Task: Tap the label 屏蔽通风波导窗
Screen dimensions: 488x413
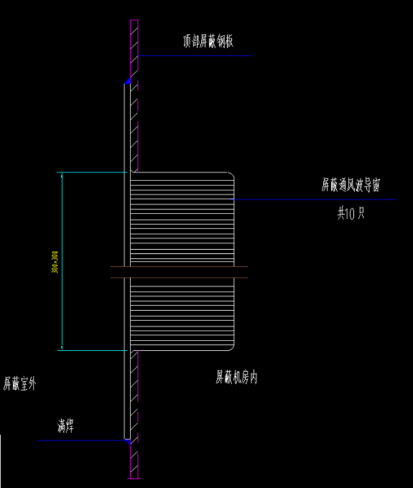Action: [350, 184]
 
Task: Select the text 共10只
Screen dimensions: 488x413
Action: [351, 213]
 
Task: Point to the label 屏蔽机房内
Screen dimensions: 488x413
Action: [236, 377]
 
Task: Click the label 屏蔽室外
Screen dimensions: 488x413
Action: [19, 384]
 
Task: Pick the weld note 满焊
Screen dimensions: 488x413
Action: [66, 427]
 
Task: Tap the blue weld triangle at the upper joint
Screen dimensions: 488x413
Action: [127, 81]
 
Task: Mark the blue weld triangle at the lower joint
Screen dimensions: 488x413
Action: [128, 441]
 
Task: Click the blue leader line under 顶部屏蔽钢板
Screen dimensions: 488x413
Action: [194, 56]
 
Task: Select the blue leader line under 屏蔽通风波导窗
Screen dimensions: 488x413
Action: [316, 200]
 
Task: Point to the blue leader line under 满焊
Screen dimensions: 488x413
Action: [79, 441]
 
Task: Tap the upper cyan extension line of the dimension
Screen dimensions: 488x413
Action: [93, 172]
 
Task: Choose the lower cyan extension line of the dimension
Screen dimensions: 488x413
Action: [93, 350]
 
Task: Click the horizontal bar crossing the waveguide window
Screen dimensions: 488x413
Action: [180, 271]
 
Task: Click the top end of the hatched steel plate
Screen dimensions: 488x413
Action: [134, 22]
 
